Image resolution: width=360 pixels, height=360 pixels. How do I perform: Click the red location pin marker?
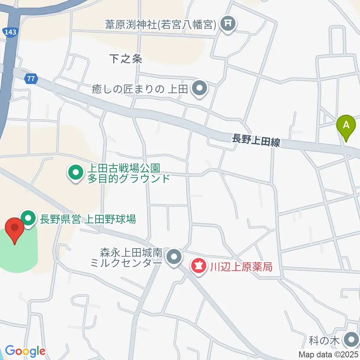pos(15,228)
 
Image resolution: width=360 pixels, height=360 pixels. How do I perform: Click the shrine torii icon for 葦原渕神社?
pos(227,24)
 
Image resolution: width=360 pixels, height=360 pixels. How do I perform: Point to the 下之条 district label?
pos(126,59)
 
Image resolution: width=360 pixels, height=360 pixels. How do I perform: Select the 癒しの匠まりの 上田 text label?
pos(139,89)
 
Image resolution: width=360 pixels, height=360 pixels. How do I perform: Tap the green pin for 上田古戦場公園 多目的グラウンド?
pos(75,173)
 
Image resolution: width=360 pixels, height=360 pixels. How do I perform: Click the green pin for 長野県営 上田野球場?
pos(28,218)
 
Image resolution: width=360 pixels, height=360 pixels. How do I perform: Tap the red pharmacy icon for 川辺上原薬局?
pos(199,267)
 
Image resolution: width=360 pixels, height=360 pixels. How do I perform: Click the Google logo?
pos(25,351)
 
